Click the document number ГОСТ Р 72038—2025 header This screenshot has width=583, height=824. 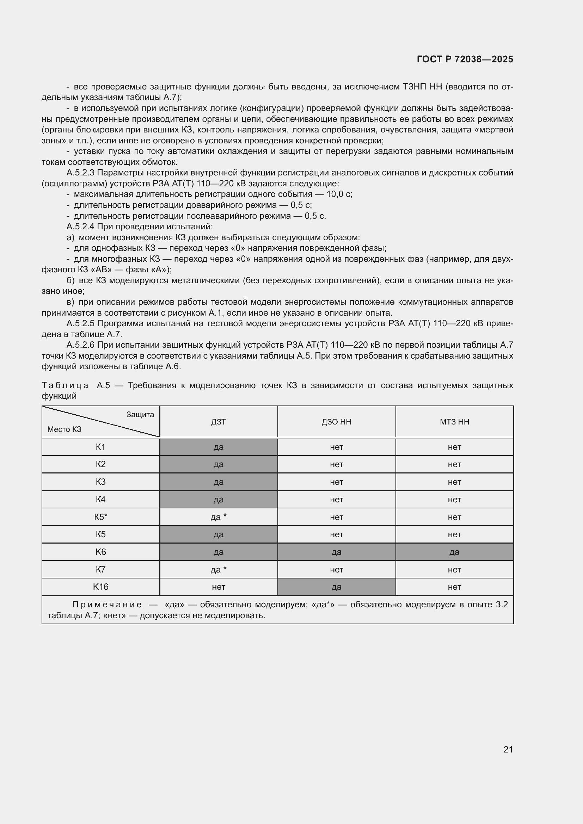click(x=465, y=59)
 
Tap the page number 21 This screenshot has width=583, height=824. click(x=508, y=749)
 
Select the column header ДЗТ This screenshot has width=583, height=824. click(x=218, y=422)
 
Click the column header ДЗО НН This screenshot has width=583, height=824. click(x=336, y=422)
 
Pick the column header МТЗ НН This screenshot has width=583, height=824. click(x=454, y=422)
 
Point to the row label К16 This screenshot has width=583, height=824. click(x=100, y=587)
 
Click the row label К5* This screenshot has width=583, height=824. click(x=100, y=517)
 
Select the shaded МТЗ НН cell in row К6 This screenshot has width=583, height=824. click(x=454, y=552)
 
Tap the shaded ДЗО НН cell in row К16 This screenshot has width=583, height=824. click(x=336, y=587)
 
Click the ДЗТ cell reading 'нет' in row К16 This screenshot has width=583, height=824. click(x=218, y=587)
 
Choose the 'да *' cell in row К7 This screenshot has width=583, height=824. click(x=218, y=570)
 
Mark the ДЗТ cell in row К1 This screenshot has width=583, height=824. click(x=218, y=447)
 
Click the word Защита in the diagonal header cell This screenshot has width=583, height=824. click(x=140, y=415)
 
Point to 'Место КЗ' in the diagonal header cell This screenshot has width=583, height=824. click(x=64, y=429)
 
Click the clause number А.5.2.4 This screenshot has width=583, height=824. click(x=80, y=227)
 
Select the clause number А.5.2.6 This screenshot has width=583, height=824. click(x=80, y=345)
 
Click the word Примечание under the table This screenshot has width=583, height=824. click(x=107, y=605)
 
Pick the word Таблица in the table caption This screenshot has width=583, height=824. click(x=65, y=385)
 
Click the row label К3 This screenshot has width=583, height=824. click(x=100, y=482)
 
